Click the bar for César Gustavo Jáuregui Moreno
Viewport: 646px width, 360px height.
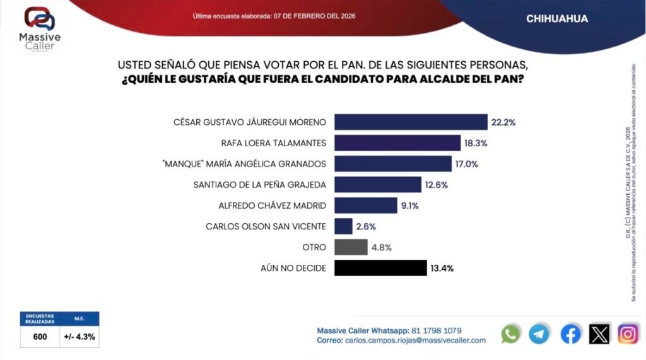[x=410, y=122]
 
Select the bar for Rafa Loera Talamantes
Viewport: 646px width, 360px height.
[x=397, y=143]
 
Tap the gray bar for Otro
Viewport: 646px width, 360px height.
[x=351, y=247]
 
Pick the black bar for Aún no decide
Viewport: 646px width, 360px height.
[x=380, y=268]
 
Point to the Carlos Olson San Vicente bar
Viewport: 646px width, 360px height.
[x=343, y=226]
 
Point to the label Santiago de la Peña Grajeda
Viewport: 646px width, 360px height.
[x=260, y=185]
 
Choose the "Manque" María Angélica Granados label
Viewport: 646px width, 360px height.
[x=244, y=164]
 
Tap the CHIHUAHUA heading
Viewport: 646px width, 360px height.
[x=557, y=19]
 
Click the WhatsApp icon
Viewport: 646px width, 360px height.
[x=511, y=334]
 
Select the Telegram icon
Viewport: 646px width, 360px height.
[x=539, y=334]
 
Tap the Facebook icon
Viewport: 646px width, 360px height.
[x=570, y=334]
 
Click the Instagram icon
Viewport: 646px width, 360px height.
[x=628, y=334]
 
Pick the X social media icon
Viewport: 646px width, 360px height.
[x=599, y=334]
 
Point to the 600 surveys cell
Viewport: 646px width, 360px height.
[x=40, y=337]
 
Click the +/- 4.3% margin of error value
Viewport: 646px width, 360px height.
[x=79, y=337]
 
